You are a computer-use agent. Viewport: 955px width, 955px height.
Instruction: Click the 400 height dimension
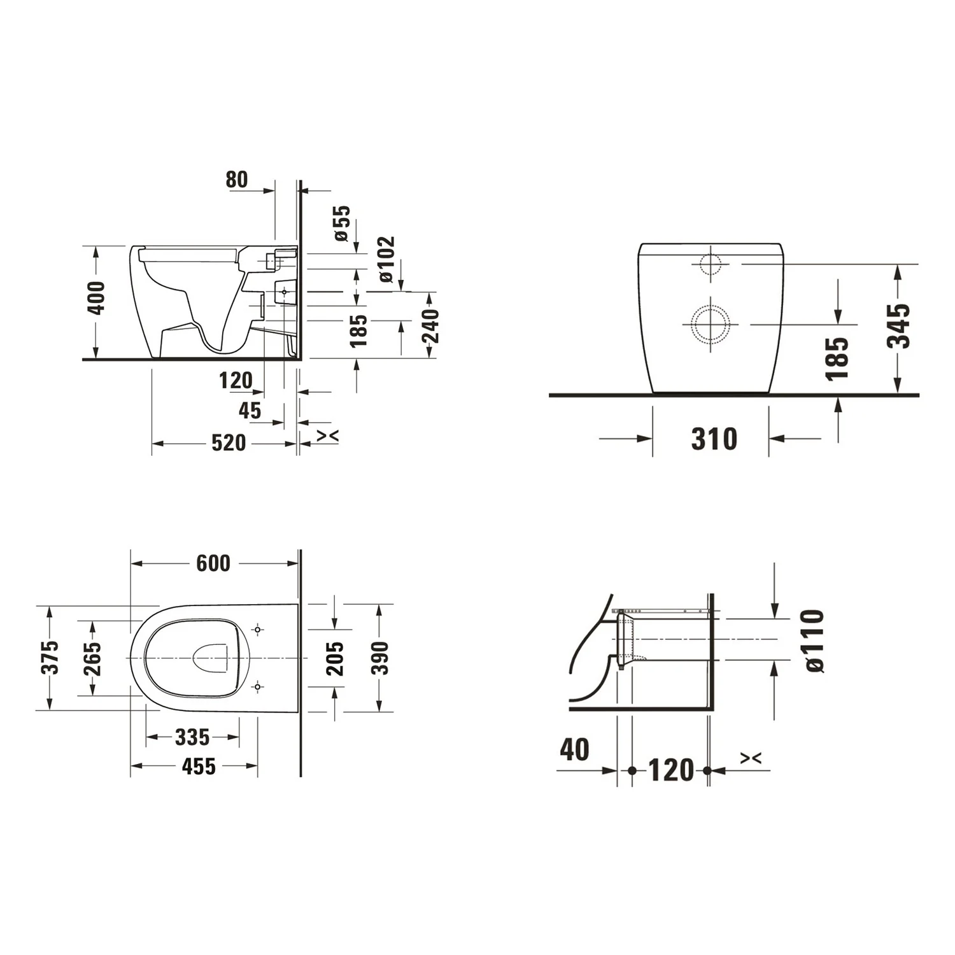click(x=97, y=297)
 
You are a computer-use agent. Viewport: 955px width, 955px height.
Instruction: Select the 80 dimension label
click(x=236, y=180)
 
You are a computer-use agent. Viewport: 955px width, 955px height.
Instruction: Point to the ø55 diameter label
click(x=342, y=223)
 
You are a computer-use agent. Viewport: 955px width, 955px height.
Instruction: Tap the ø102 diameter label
click(x=386, y=259)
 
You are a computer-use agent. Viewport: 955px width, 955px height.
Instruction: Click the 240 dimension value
click(x=431, y=325)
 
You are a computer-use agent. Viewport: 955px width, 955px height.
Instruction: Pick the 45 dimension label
click(x=250, y=411)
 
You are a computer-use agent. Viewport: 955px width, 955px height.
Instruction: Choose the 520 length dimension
click(x=229, y=442)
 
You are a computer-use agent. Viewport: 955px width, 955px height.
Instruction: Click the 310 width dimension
click(x=714, y=439)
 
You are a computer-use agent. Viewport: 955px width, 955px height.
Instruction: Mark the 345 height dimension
click(x=899, y=326)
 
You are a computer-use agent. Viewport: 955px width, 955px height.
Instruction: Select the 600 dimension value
click(x=213, y=563)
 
